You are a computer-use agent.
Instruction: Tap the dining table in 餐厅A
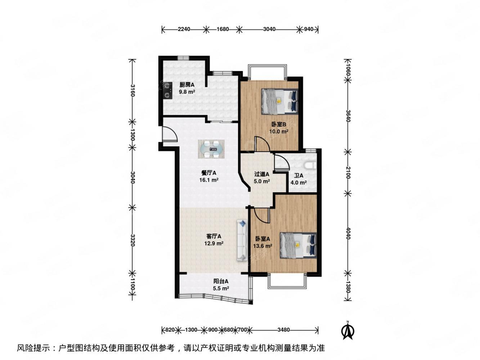(211, 149)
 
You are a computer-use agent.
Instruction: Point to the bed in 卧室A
(298, 245)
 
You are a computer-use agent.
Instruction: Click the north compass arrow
(347, 330)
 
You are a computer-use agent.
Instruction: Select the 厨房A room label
(187, 85)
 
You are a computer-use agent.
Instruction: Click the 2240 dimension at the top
(184, 30)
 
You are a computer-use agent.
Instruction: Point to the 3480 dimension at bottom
(284, 329)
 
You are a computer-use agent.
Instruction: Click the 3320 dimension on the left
(133, 240)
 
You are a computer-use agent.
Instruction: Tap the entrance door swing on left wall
(169, 135)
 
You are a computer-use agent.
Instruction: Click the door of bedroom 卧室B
(262, 144)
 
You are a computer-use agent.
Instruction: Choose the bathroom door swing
(281, 162)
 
